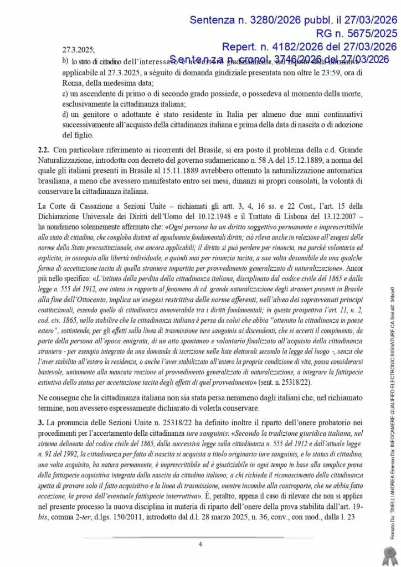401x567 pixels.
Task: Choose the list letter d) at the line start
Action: coord(65,114)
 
